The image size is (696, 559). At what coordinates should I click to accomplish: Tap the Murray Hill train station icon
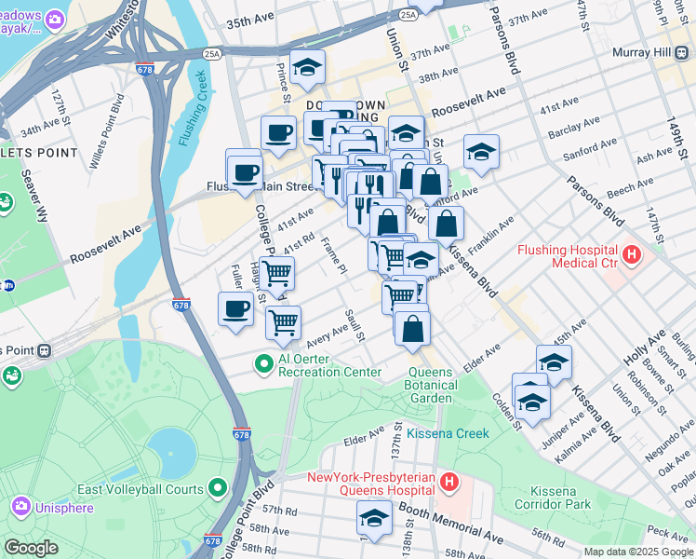click(x=680, y=52)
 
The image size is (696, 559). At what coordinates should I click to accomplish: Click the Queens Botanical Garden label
click(x=432, y=385)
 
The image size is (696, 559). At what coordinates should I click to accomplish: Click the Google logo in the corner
click(x=32, y=548)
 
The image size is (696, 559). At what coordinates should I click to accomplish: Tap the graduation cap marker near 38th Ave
click(x=307, y=66)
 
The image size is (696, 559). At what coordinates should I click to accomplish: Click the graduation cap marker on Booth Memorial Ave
click(x=375, y=517)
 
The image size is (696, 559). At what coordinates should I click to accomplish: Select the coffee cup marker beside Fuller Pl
click(x=235, y=309)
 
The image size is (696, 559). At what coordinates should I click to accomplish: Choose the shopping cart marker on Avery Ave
click(x=283, y=322)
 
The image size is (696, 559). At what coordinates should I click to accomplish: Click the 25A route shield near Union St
click(x=407, y=15)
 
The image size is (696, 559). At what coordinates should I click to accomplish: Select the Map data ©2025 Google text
click(x=637, y=552)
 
